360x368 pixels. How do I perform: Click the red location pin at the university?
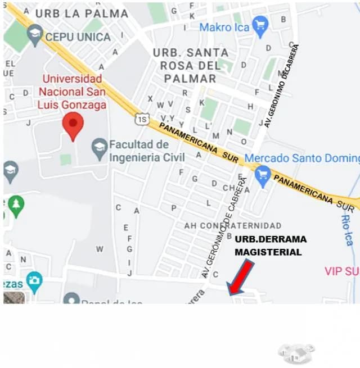click(x=72, y=124)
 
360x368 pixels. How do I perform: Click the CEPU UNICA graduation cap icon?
click(x=35, y=36)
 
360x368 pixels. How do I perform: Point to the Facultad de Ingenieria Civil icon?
click(x=100, y=149)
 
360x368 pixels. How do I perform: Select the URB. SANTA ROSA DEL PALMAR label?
click(x=191, y=65)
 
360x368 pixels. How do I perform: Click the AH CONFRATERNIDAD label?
click(x=232, y=225)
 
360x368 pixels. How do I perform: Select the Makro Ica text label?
click(x=224, y=27)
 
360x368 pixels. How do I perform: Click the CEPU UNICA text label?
click(x=78, y=37)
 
